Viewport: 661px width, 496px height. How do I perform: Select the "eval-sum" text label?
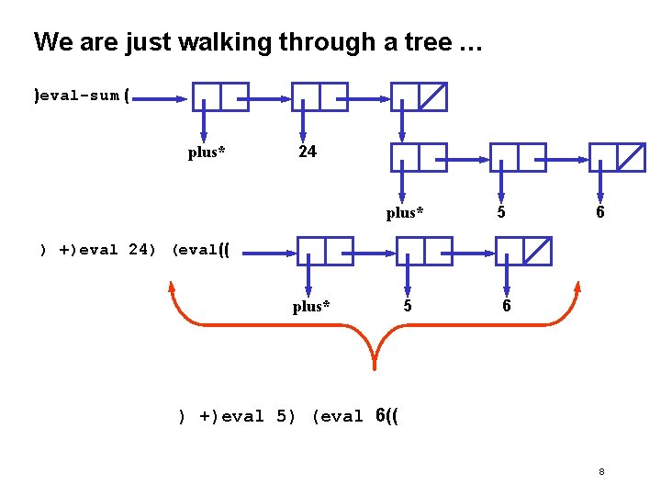click(x=79, y=96)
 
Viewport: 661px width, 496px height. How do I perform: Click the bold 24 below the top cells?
click(x=308, y=152)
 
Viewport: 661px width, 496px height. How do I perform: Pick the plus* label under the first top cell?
click(x=207, y=152)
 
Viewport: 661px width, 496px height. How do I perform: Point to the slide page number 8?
click(x=601, y=472)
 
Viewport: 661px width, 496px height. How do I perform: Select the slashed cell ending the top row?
click(x=432, y=96)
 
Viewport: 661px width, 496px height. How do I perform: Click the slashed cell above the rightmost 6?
click(x=631, y=157)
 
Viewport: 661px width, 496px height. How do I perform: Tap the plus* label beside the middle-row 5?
click(x=405, y=213)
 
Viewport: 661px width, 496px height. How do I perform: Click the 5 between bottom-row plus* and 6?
click(x=406, y=306)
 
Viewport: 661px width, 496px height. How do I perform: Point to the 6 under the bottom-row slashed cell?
click(x=506, y=306)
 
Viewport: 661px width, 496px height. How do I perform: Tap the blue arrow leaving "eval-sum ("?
click(x=162, y=96)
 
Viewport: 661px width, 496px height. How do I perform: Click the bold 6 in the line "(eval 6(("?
click(x=381, y=416)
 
